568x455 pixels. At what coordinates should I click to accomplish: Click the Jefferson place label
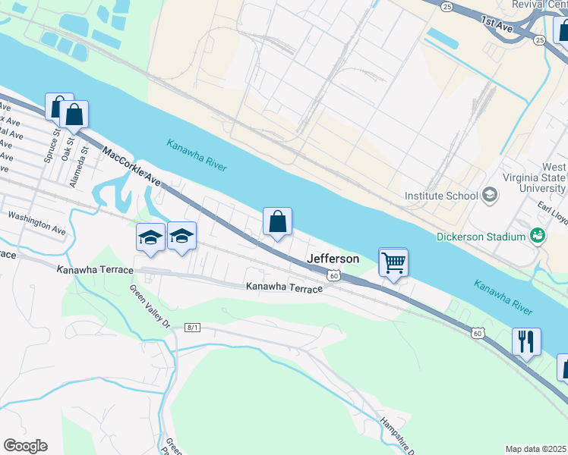pos(333,259)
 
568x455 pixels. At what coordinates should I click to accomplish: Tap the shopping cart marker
pos(393,263)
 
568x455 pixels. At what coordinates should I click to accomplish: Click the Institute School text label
pos(440,196)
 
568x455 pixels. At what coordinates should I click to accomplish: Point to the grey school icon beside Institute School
pos(490,196)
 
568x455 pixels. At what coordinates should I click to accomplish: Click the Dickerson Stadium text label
pos(481,237)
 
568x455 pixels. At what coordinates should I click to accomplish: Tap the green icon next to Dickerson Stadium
pos(538,236)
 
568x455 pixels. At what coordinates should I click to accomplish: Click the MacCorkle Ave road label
pos(132,168)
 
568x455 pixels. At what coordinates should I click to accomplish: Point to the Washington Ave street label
pos(37,221)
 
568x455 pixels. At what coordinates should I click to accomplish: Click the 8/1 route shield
pos(192,327)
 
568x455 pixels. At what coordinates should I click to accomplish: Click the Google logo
pos(25,446)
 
